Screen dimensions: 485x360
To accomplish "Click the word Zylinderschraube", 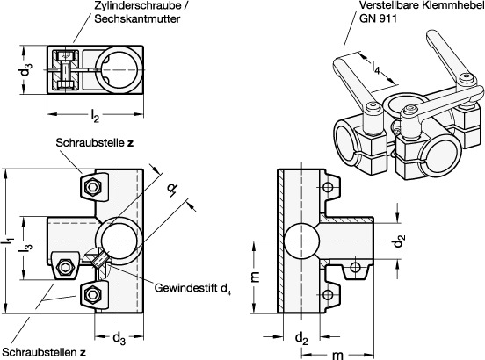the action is (138, 5).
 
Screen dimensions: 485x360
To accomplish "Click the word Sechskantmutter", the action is (137, 18).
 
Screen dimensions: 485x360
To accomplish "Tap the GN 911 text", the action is (378, 18).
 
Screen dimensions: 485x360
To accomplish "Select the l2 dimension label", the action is (95, 116).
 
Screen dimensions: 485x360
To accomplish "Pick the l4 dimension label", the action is (375, 68).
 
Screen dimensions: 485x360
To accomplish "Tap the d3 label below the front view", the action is (119, 338).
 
